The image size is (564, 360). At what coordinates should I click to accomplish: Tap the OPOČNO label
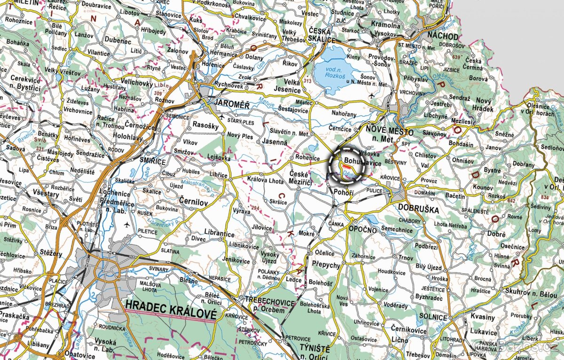363,229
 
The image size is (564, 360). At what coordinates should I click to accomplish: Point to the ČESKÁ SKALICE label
322,36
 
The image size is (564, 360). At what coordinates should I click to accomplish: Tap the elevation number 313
307,81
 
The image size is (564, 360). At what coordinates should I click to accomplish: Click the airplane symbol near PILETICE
126,225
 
